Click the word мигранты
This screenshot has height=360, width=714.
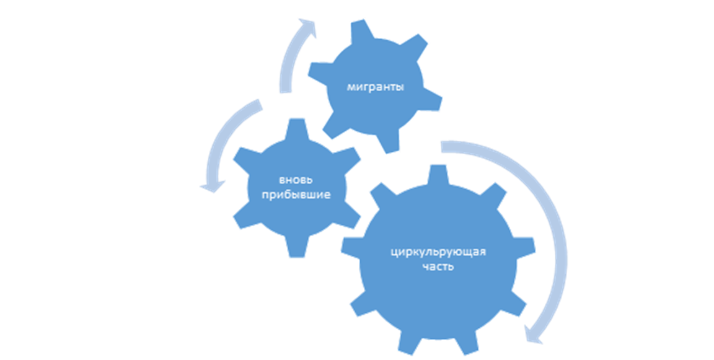click(375, 88)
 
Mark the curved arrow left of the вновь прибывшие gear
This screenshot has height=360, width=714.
click(226, 143)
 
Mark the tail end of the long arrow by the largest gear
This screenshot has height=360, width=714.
click(444, 146)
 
